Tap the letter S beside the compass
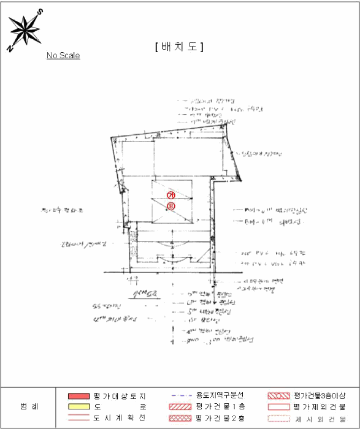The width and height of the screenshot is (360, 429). pyautogui.click(x=40, y=12)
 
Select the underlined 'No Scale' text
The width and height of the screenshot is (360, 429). pyautogui.click(x=63, y=56)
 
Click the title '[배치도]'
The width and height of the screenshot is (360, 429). pyautogui.click(x=180, y=47)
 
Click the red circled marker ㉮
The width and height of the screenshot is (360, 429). pyautogui.click(x=171, y=195)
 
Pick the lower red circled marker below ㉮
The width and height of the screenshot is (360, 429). pyautogui.click(x=171, y=206)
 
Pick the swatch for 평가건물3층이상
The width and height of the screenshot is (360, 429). pyautogui.click(x=280, y=396)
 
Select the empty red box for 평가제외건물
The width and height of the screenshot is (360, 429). pyautogui.click(x=280, y=407)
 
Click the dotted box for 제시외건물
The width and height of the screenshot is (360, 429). pyautogui.click(x=280, y=419)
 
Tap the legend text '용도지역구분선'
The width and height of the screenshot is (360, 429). pyautogui.click(x=220, y=396)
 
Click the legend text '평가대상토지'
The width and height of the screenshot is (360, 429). pyautogui.click(x=120, y=396)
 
